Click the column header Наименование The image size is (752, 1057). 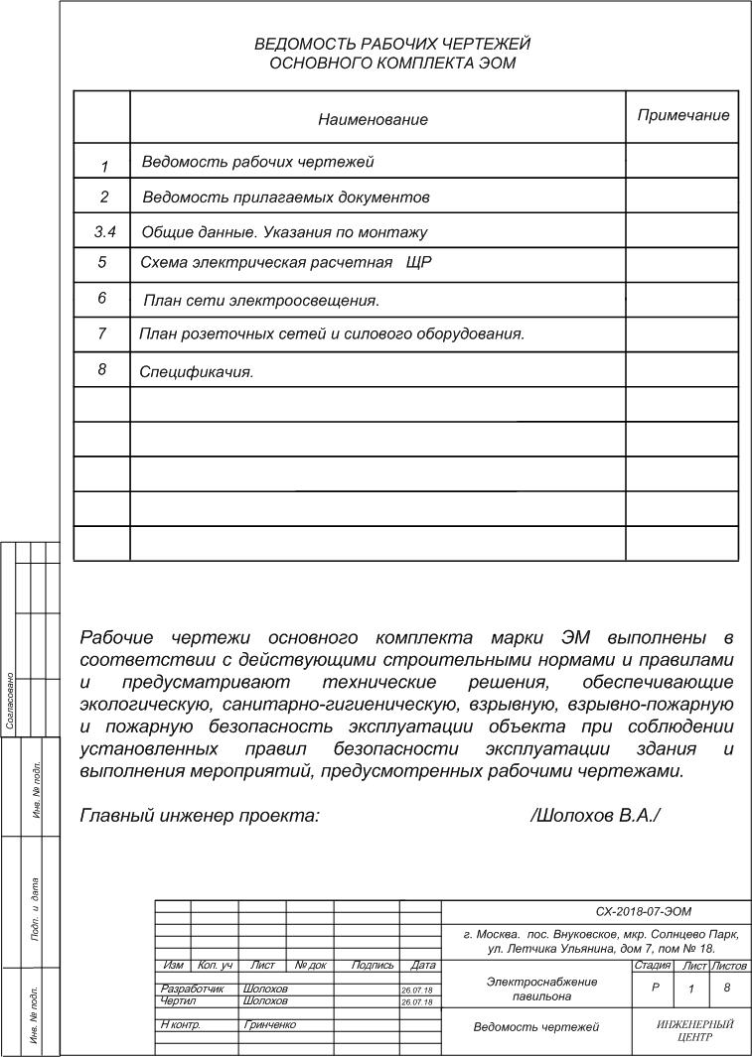click(x=373, y=119)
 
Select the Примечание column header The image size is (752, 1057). click(x=682, y=115)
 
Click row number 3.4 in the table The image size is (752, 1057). click(x=104, y=232)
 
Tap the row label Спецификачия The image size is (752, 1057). click(x=197, y=373)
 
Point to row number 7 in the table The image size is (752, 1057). click(x=102, y=333)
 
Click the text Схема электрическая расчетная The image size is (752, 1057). click(x=268, y=263)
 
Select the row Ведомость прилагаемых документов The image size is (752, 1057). click(x=286, y=198)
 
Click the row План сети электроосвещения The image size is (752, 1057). click(x=262, y=299)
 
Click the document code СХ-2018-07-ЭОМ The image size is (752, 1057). click(x=643, y=911)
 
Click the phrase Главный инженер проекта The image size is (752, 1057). click(x=200, y=816)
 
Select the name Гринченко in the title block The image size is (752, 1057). click(x=269, y=1024)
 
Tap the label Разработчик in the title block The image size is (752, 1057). click(x=193, y=989)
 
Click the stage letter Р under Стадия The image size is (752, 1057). click(x=655, y=989)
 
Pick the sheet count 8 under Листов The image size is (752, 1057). click(x=728, y=989)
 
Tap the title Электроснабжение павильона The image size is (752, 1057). click(x=541, y=988)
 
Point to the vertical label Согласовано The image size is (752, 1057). click(x=10, y=702)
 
